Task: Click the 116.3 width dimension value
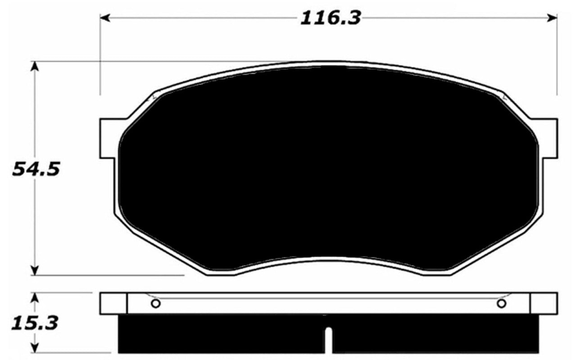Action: click(331, 18)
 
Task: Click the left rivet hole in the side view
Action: click(155, 303)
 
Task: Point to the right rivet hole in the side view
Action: click(502, 303)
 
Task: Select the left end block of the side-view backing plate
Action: click(113, 303)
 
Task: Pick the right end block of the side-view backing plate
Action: click(544, 303)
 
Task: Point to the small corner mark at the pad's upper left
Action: click(154, 96)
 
